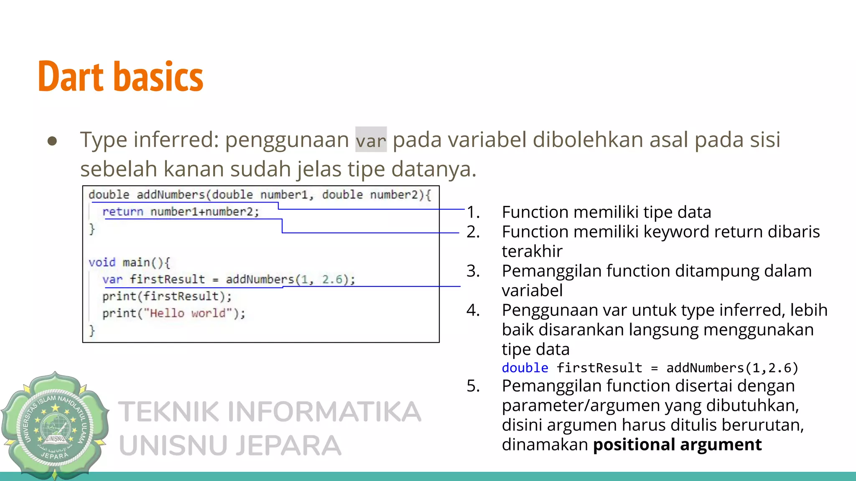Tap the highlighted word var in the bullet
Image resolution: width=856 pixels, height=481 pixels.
[x=371, y=140]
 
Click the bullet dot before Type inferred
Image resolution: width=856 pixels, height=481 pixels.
[x=52, y=141]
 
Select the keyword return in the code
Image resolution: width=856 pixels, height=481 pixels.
[x=123, y=212]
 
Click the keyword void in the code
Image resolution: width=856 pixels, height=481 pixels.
[x=102, y=263]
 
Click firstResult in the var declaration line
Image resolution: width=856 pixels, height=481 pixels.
[x=167, y=279]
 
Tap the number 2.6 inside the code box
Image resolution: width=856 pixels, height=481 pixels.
[x=332, y=279]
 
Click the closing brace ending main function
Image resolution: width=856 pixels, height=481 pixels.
[x=92, y=331]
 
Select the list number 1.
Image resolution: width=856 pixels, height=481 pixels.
[x=473, y=212]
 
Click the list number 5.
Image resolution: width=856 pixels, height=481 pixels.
[x=473, y=386]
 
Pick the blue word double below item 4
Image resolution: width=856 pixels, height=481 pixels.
[x=525, y=368]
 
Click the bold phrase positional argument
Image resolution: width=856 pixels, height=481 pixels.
[x=677, y=445]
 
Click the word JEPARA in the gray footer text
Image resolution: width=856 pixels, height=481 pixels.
[x=288, y=446]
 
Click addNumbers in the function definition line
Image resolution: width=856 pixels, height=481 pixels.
[x=171, y=195]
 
